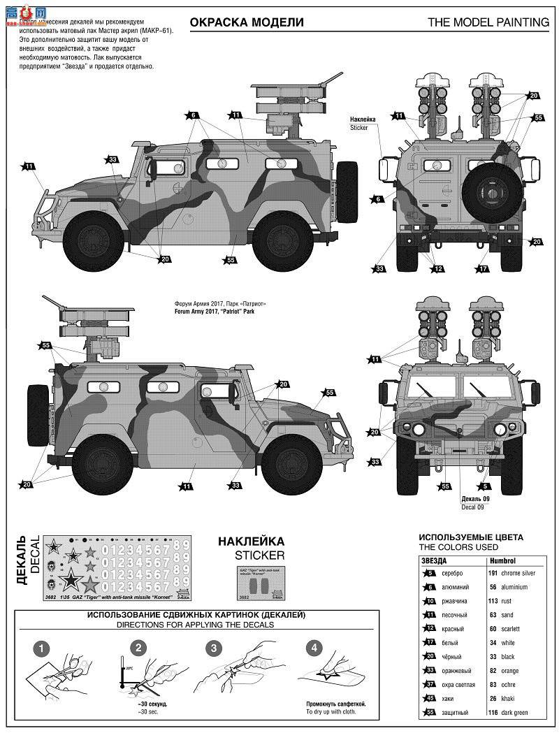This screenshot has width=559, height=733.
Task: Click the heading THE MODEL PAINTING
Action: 488,22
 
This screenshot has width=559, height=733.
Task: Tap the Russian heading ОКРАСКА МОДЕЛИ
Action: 258,22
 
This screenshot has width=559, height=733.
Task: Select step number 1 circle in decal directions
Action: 44,648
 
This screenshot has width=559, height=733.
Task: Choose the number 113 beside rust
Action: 493,601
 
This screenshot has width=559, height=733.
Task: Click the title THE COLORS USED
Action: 458,546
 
